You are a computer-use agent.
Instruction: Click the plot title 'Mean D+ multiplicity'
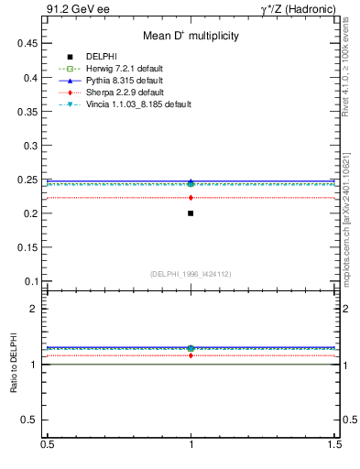(191, 37)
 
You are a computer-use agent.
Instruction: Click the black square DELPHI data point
(191, 213)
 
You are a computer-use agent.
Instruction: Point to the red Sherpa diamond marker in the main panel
(191, 197)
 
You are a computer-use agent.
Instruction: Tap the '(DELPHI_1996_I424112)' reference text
(191, 273)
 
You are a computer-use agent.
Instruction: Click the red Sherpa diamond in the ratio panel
(191, 355)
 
